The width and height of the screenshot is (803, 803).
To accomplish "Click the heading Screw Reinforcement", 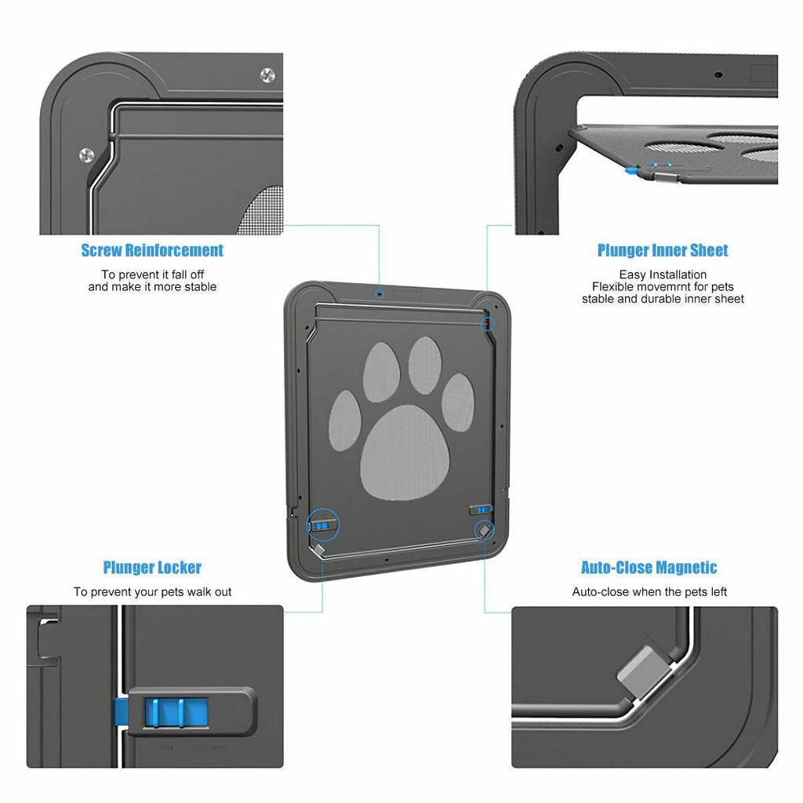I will (x=152, y=250).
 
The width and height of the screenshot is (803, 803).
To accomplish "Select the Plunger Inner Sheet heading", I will (x=663, y=250).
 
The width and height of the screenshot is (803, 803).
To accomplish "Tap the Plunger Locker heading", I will (x=152, y=567).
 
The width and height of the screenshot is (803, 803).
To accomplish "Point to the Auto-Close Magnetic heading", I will (x=649, y=567).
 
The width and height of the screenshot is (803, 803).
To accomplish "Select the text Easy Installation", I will (x=663, y=274).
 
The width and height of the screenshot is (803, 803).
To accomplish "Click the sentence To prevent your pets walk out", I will (x=153, y=592).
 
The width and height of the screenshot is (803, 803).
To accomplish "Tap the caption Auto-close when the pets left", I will (x=649, y=592).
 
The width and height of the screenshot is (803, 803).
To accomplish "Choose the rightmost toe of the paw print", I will (x=457, y=402).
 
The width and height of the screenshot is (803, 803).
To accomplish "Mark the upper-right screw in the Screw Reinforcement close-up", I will (x=267, y=75).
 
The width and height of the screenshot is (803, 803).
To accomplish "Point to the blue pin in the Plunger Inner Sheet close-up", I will (x=632, y=169).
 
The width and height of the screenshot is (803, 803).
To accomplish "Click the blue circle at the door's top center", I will (x=380, y=293).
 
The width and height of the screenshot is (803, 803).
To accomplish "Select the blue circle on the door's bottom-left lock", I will (x=322, y=524).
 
